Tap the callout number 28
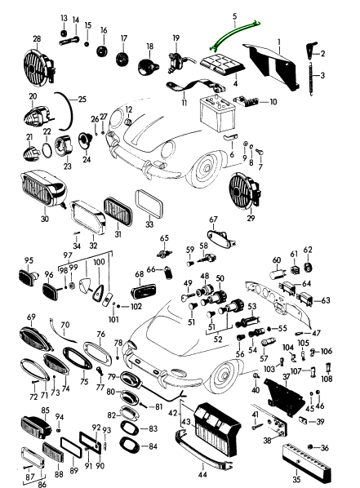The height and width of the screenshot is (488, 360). pos(37,39)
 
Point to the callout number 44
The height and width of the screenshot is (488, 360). pos(202,475)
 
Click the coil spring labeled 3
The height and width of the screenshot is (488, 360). pos(311,78)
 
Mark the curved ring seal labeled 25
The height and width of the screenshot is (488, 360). pos(69,111)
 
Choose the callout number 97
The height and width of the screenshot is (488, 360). pos(68,255)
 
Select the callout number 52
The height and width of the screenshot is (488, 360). pos(218,339)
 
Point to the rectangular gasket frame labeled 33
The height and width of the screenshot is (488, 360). pos(149,204)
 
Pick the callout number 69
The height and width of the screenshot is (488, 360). pos(31,317)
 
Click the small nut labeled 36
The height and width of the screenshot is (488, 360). pos(310,447)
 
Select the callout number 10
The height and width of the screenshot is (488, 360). pos(273,102)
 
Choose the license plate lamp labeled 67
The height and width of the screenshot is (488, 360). pos(221,238)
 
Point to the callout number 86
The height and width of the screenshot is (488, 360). pos(42,484)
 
